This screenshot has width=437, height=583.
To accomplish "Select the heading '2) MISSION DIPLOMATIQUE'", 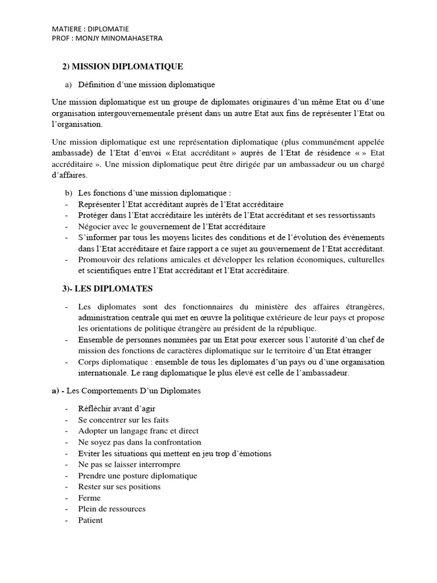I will tap(122, 67).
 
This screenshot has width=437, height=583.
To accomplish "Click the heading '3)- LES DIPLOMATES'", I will tap(107, 289).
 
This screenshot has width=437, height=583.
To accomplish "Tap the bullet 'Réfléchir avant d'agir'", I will tap(117, 409).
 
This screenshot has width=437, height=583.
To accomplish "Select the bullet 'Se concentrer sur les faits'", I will tap(123, 420).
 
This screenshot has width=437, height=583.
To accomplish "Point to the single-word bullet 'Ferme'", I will tap(90, 498).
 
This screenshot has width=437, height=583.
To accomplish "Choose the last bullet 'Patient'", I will tap(91, 520).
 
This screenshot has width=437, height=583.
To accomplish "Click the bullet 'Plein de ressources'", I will tap(112, 508).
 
